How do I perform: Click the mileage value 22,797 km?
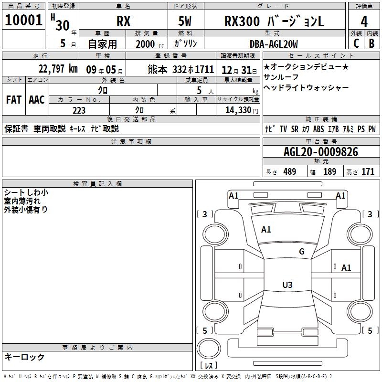58,69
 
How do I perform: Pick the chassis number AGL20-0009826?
320,152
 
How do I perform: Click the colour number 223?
79,110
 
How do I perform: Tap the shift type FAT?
13,99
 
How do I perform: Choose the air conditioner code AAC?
37,99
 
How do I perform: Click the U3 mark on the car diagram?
287,285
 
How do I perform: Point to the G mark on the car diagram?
301,252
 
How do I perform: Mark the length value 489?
289,172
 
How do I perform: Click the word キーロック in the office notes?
24,357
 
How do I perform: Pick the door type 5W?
186,21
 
